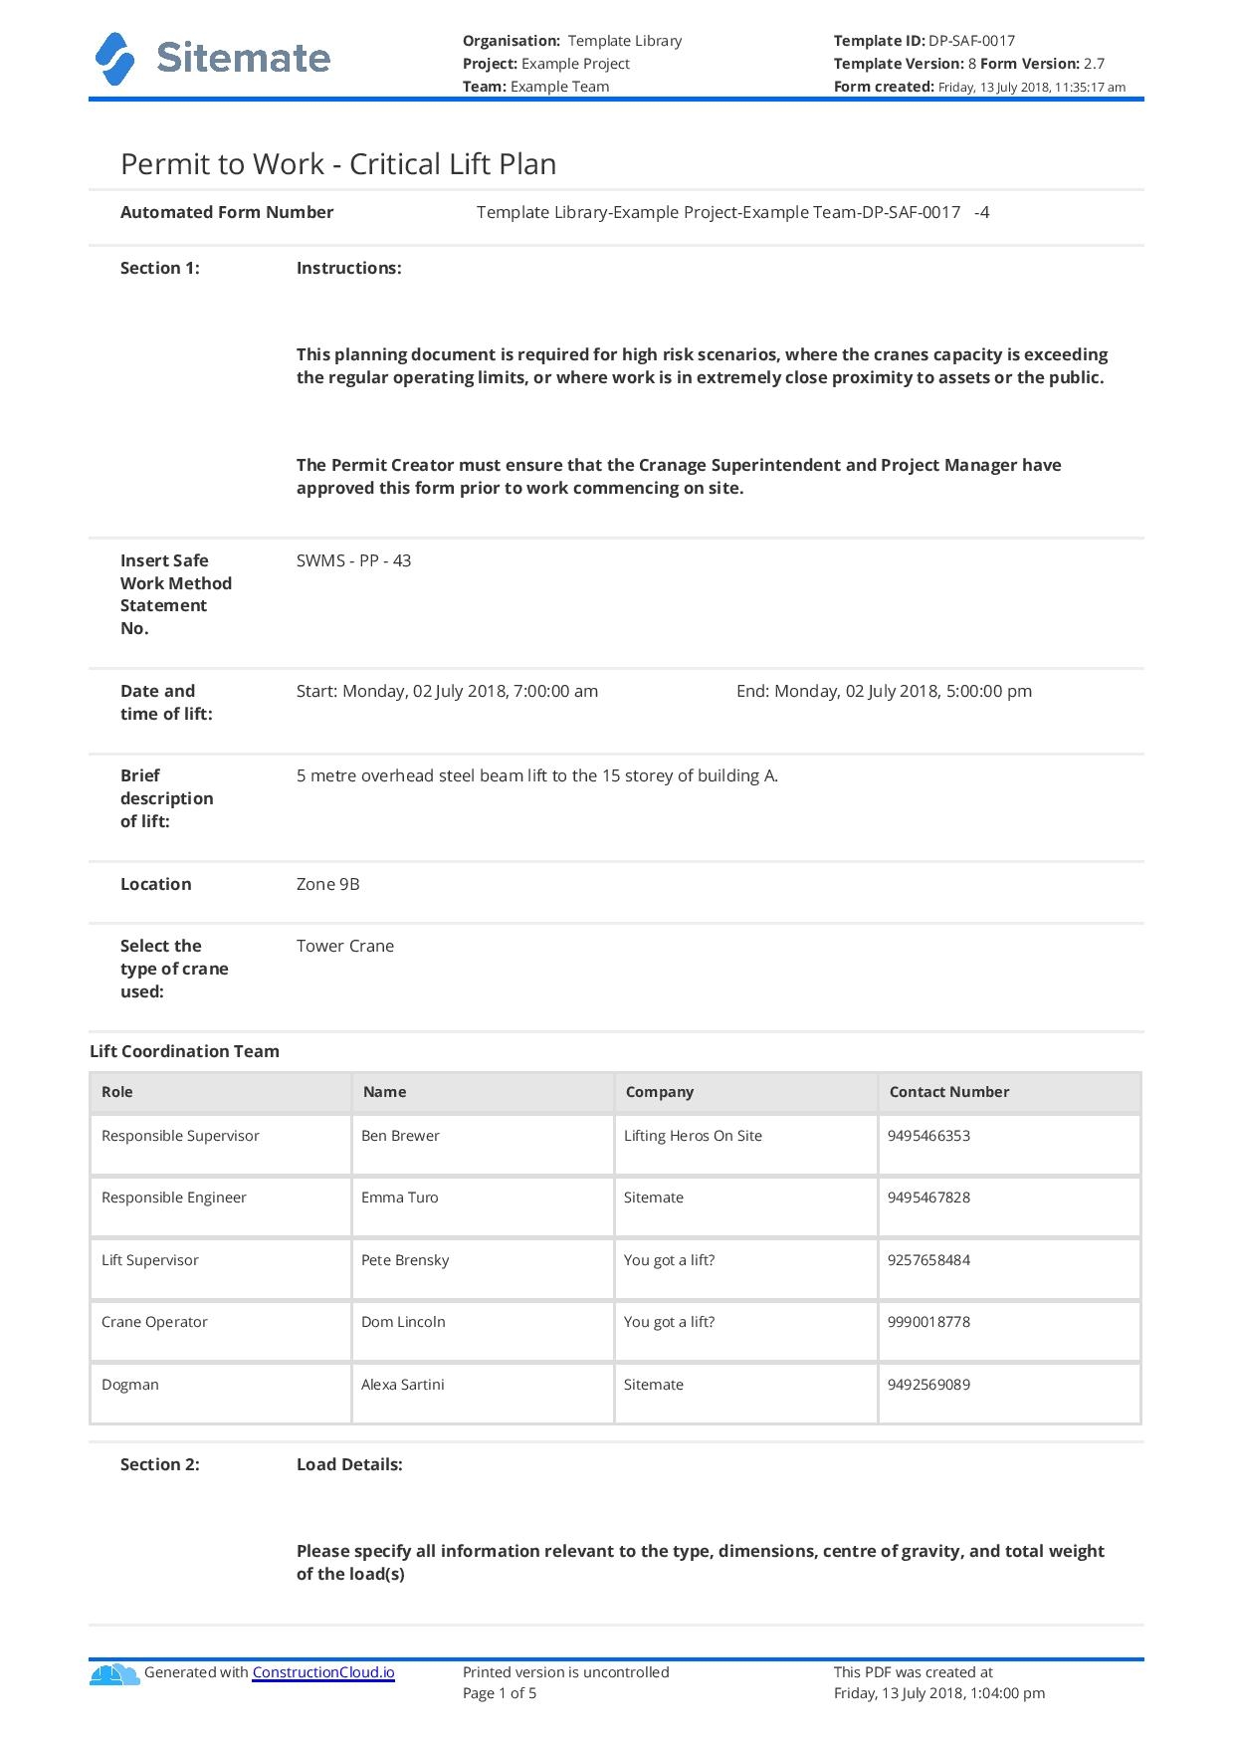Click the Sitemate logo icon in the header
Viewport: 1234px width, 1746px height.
pyautogui.click(x=114, y=59)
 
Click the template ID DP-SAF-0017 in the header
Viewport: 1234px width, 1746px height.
pyautogui.click(x=971, y=41)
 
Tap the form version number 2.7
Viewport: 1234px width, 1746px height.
pyautogui.click(x=1094, y=64)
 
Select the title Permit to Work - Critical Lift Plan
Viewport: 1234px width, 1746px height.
pyautogui.click(x=338, y=164)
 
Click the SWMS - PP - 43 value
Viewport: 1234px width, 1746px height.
pyautogui.click(x=353, y=560)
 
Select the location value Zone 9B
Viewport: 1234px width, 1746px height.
pyautogui.click(x=327, y=884)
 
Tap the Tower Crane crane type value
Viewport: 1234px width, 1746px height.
pyautogui.click(x=344, y=946)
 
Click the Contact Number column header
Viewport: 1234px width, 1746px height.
pyautogui.click(x=948, y=1092)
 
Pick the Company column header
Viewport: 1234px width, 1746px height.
pyautogui.click(x=659, y=1092)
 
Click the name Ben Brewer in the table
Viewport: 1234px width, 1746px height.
pyautogui.click(x=400, y=1136)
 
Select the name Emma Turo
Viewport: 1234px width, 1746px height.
pyautogui.click(x=399, y=1198)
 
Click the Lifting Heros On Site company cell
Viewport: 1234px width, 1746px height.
pyautogui.click(x=693, y=1136)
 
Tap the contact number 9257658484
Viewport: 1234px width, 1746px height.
pyautogui.click(x=928, y=1260)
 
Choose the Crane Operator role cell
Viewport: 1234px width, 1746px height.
pyautogui.click(x=154, y=1322)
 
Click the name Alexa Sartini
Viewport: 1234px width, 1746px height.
pyautogui.click(x=402, y=1385)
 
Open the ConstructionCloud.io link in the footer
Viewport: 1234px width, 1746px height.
pyautogui.click(x=323, y=1672)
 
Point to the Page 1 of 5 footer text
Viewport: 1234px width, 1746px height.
pyautogui.click(x=500, y=1693)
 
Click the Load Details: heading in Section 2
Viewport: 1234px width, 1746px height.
pyautogui.click(x=349, y=1464)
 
